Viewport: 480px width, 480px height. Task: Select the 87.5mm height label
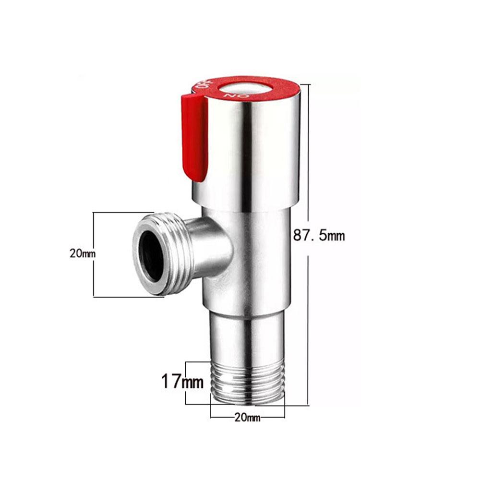(x=319, y=236)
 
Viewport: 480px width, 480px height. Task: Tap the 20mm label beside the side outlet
(x=83, y=254)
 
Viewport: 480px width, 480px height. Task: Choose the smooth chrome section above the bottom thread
(x=248, y=336)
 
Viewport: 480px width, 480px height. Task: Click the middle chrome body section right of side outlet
(x=259, y=259)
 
